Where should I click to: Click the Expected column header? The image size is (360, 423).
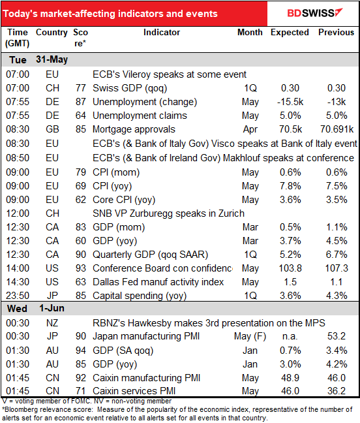290,32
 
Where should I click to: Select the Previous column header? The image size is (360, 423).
337,32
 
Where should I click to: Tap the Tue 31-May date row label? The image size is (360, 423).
37,59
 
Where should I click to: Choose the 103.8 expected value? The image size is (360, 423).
290,268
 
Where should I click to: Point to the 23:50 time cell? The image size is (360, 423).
17,296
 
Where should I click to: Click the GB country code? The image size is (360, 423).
52,129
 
